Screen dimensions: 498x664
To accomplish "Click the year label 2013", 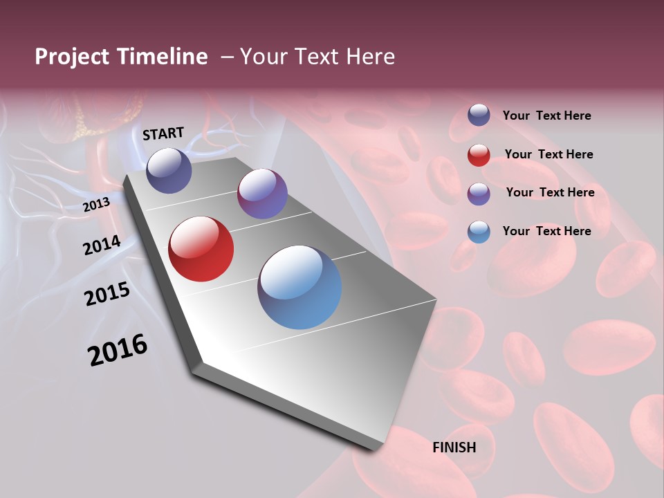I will click(x=97, y=204).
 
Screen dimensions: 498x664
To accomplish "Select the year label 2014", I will click(x=102, y=245).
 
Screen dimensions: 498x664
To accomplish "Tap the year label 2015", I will click(x=107, y=294).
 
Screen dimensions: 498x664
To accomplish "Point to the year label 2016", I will click(x=118, y=349).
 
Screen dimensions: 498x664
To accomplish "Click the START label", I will click(x=163, y=133).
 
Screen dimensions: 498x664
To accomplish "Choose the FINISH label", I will click(x=454, y=448).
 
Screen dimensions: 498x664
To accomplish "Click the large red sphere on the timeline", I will click(x=201, y=249).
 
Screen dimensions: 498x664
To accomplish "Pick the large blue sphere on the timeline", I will click(x=299, y=286).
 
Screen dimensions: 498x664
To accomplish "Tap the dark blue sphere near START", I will click(x=169, y=170).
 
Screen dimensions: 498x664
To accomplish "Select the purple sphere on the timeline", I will click(x=262, y=194).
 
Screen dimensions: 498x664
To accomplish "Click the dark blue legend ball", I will click(x=479, y=116).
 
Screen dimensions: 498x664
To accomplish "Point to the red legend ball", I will click(x=479, y=155).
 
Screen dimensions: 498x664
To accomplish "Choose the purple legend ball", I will click(x=479, y=194).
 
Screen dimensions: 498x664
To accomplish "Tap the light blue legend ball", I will click(x=479, y=232).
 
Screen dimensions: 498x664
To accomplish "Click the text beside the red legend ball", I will click(x=548, y=154).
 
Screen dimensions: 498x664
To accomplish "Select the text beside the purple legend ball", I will click(x=550, y=192).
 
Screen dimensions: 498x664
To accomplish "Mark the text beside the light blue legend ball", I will click(x=546, y=231).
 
